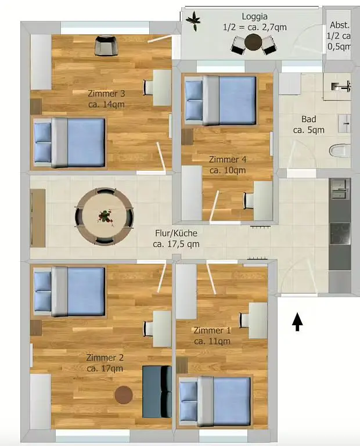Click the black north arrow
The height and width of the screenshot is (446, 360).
pos(297,322)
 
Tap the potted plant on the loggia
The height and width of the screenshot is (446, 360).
pos(193,21)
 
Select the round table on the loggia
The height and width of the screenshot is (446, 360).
pos(253,42)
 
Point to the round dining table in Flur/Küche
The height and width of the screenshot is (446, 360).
pos(105,216)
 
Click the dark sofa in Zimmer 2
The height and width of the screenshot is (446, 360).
pos(157,391)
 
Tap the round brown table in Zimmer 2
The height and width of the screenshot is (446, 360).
pos(124,395)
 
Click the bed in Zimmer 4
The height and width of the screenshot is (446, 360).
pos(221,100)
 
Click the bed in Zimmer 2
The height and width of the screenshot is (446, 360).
pos(70,291)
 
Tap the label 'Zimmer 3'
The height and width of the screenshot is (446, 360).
pos(106,93)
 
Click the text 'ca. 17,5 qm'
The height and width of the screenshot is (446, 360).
pos(176,244)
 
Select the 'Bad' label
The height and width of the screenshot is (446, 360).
pos(308,119)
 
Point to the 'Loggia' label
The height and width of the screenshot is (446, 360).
pos(254,16)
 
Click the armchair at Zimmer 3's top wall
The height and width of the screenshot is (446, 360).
pos(105,45)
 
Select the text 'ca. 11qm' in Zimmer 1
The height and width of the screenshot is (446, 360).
pos(212,341)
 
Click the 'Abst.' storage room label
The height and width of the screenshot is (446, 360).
pos(339,25)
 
